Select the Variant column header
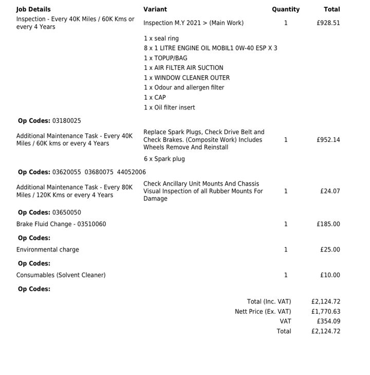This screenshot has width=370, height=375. (155, 9)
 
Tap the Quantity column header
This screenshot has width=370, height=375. (286, 9)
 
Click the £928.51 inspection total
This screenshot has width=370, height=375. (328, 23)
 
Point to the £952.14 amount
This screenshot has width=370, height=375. (328, 140)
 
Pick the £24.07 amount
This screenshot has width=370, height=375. (330, 191)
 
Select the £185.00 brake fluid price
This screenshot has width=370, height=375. (328, 224)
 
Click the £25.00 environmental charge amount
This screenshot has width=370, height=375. (330, 250)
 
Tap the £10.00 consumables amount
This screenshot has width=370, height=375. (330, 275)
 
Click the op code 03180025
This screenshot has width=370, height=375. (67, 121)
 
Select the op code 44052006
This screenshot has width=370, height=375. (131, 172)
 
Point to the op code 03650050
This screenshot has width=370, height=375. (67, 212)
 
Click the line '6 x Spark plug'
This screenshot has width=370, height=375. (164, 159)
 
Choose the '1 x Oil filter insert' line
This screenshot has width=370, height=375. (169, 108)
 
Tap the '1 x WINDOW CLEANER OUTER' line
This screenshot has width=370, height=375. (187, 78)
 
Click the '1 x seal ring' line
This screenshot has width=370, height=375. (161, 39)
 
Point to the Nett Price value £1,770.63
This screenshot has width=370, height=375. (326, 312)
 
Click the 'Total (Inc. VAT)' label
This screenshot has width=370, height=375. (269, 302)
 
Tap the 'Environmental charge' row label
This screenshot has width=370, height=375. (48, 250)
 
